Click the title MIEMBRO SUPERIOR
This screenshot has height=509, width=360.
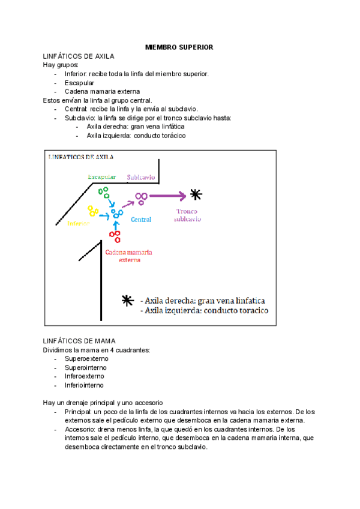(179, 47)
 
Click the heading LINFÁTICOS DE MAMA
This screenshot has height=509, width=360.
(75, 341)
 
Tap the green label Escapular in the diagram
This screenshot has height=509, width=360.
(101, 177)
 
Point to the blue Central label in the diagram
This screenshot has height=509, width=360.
(141, 220)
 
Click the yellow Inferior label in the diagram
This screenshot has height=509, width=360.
(79, 223)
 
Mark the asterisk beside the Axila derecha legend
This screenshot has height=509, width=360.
(127, 301)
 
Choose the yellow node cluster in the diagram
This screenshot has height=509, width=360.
(93, 211)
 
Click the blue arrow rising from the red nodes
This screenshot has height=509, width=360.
(116, 225)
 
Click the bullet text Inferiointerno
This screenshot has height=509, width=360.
(84, 385)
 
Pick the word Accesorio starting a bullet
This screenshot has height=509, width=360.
(79, 430)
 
